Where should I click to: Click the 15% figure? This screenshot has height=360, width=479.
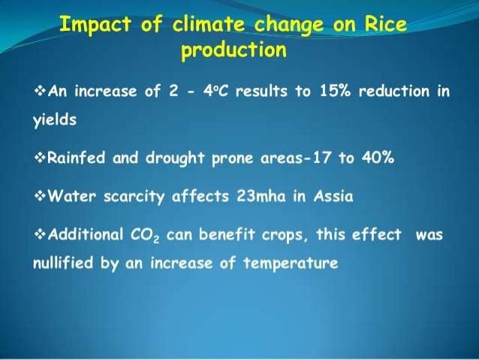point(309,93)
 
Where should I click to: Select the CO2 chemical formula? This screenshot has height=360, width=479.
point(146,235)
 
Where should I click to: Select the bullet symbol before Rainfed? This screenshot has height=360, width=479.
point(41,159)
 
